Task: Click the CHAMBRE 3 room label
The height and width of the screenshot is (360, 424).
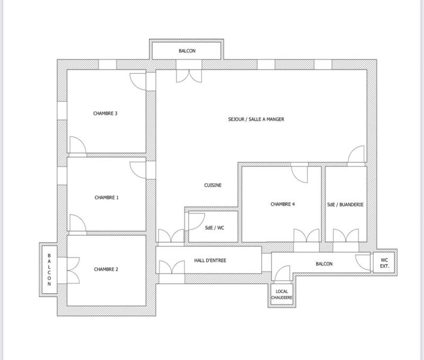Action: pyautogui.click(x=105, y=113)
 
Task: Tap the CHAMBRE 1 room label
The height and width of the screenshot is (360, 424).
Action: pyautogui.click(x=106, y=197)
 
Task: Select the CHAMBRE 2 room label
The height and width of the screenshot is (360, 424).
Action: pyautogui.click(x=106, y=269)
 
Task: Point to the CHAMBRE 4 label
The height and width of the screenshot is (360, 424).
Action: pyautogui.click(x=282, y=204)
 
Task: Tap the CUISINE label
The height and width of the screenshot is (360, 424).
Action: pyautogui.click(x=213, y=185)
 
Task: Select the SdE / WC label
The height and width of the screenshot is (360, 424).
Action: pyautogui.click(x=215, y=227)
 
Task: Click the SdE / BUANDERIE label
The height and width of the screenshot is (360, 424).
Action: pyautogui.click(x=346, y=204)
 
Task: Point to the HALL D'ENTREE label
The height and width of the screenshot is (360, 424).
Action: pyautogui.click(x=210, y=260)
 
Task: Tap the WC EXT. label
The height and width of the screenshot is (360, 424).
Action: pyautogui.click(x=384, y=263)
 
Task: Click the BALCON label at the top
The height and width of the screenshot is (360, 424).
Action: pyautogui.click(x=187, y=51)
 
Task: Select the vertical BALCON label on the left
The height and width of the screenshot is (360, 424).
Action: pyautogui.click(x=49, y=269)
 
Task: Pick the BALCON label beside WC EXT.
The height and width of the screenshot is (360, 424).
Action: pyautogui.click(x=324, y=264)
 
